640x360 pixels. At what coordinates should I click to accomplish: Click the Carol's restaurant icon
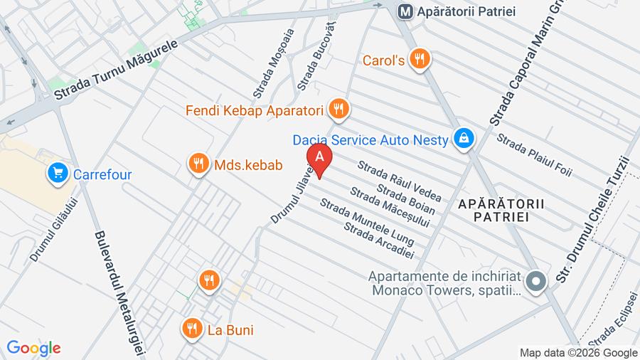421,60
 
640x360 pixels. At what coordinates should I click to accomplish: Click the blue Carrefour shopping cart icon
57,173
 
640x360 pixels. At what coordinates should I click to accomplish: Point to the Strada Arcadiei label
378,240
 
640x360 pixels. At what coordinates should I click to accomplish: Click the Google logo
33,348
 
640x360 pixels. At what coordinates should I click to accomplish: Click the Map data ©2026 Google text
578,352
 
